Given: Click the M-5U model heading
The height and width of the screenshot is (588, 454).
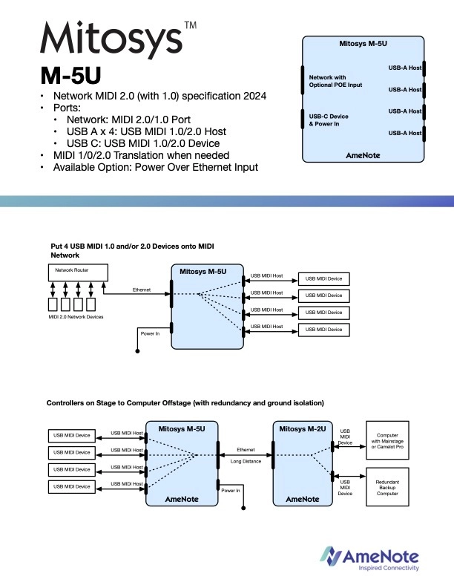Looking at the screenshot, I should coord(70,76).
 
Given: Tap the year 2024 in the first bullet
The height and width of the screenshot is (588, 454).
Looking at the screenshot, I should coord(252,97).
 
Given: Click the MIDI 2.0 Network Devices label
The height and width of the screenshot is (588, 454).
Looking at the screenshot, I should coord(76,317).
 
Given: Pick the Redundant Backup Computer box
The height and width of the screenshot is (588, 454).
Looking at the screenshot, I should coord(389,486).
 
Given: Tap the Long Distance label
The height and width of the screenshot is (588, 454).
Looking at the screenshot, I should coord(245,462).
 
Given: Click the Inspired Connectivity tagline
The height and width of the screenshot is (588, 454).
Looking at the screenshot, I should coord(389,568).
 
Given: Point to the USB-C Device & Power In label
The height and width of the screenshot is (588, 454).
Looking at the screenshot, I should coord(329,120).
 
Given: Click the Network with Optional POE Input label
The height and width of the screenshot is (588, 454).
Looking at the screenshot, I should coord(335,80).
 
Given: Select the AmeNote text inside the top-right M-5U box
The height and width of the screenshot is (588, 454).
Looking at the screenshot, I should coord(363,155).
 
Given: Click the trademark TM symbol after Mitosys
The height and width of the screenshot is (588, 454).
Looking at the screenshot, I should coord(189,25).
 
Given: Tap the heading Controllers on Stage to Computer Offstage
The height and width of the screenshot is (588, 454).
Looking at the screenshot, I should coord(185,403).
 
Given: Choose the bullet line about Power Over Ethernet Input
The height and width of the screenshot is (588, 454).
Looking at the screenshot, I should coord(155,167).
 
